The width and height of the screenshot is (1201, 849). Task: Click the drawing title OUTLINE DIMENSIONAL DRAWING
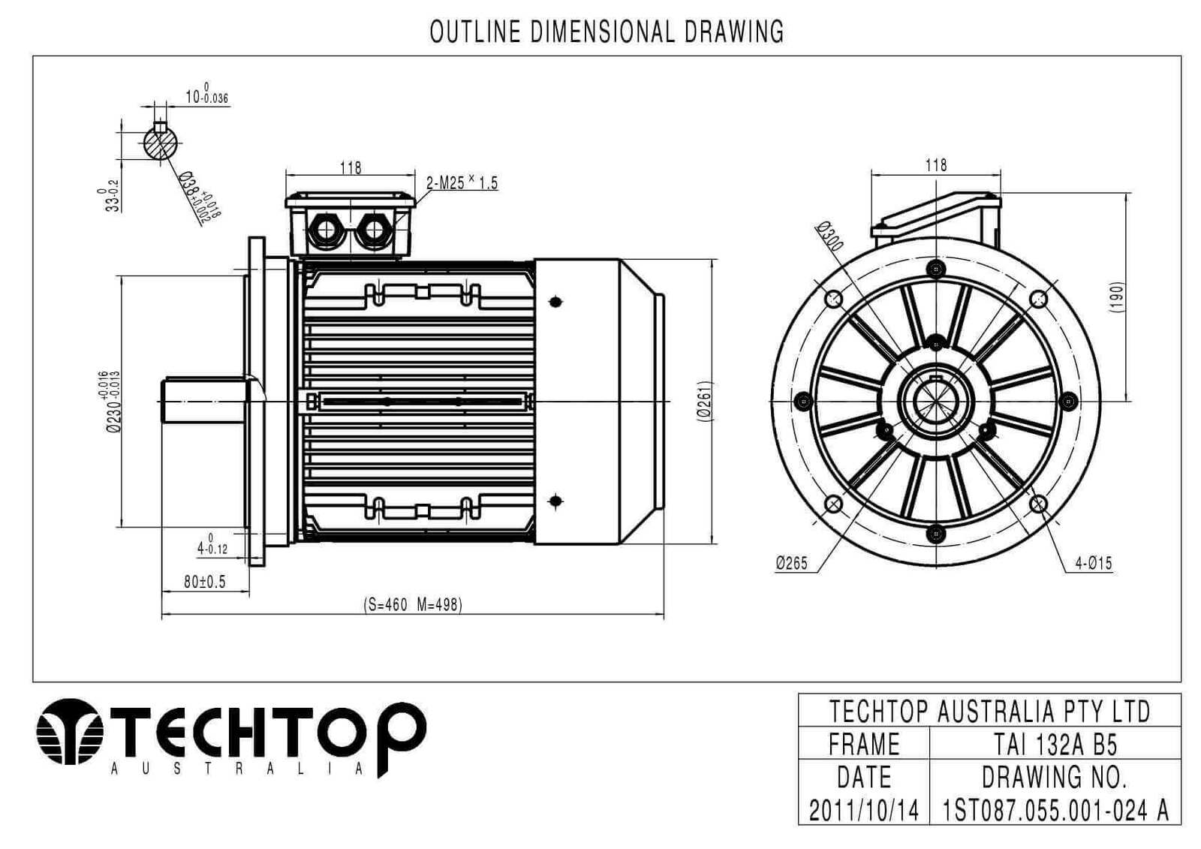(607, 32)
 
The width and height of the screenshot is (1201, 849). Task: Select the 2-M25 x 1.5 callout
(462, 182)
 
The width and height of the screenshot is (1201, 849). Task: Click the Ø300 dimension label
(830, 236)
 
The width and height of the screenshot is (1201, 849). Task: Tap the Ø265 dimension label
(792, 563)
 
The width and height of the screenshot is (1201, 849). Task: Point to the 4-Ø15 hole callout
(1094, 563)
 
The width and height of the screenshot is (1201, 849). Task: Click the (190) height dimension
(1118, 298)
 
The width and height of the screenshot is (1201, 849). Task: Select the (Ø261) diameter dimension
(705, 401)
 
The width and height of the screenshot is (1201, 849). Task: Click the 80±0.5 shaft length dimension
(205, 582)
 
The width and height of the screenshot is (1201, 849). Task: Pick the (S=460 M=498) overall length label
(413, 604)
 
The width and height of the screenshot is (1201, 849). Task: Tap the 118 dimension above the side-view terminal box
(351, 167)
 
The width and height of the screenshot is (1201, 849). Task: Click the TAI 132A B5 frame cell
(1055, 744)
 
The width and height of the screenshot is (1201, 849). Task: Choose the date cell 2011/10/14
(863, 810)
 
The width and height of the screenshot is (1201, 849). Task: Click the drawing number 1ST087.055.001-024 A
(1055, 810)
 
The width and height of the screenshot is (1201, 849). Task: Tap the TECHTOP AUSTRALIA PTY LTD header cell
(989, 711)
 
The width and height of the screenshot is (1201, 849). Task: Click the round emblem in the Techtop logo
(70, 731)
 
